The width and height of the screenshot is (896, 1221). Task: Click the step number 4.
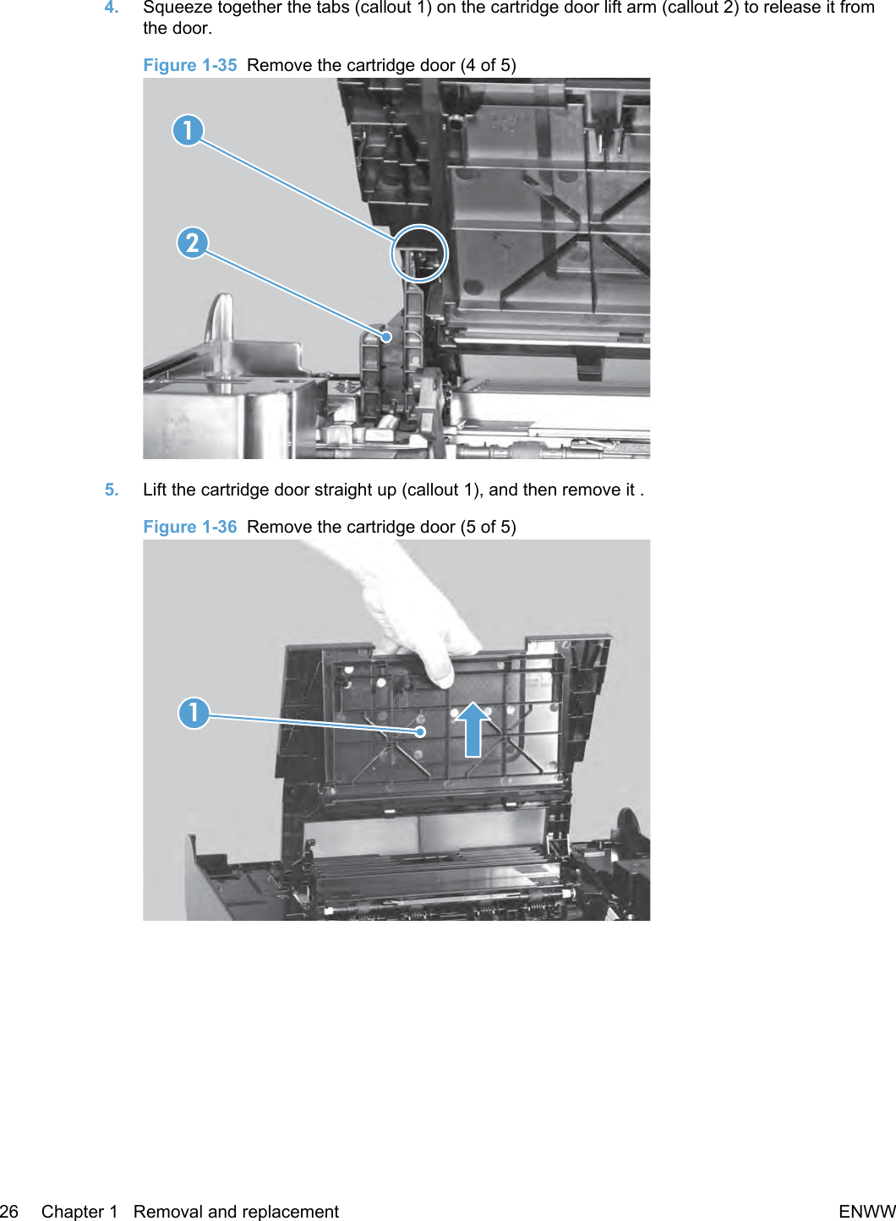(112, 8)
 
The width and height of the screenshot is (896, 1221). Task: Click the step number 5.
(112, 490)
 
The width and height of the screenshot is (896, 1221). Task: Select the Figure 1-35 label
(189, 65)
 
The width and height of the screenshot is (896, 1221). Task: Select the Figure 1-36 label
(189, 527)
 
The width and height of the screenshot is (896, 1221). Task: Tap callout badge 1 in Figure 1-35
(188, 130)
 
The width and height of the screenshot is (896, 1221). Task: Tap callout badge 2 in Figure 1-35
(193, 243)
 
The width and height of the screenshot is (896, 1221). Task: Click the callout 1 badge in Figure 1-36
(194, 713)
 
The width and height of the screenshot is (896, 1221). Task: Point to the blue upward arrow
(473, 729)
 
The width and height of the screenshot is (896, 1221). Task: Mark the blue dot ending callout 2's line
(386, 337)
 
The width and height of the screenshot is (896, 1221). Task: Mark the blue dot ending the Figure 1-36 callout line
(420, 732)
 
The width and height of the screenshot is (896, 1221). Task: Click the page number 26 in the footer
(8, 1211)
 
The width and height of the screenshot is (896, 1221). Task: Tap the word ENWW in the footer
(867, 1211)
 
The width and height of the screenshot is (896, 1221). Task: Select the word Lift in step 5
(155, 490)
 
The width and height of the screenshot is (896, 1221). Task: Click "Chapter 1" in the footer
(79, 1211)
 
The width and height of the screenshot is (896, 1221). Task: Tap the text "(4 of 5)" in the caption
(489, 65)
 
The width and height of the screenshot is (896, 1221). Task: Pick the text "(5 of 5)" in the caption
(489, 527)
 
